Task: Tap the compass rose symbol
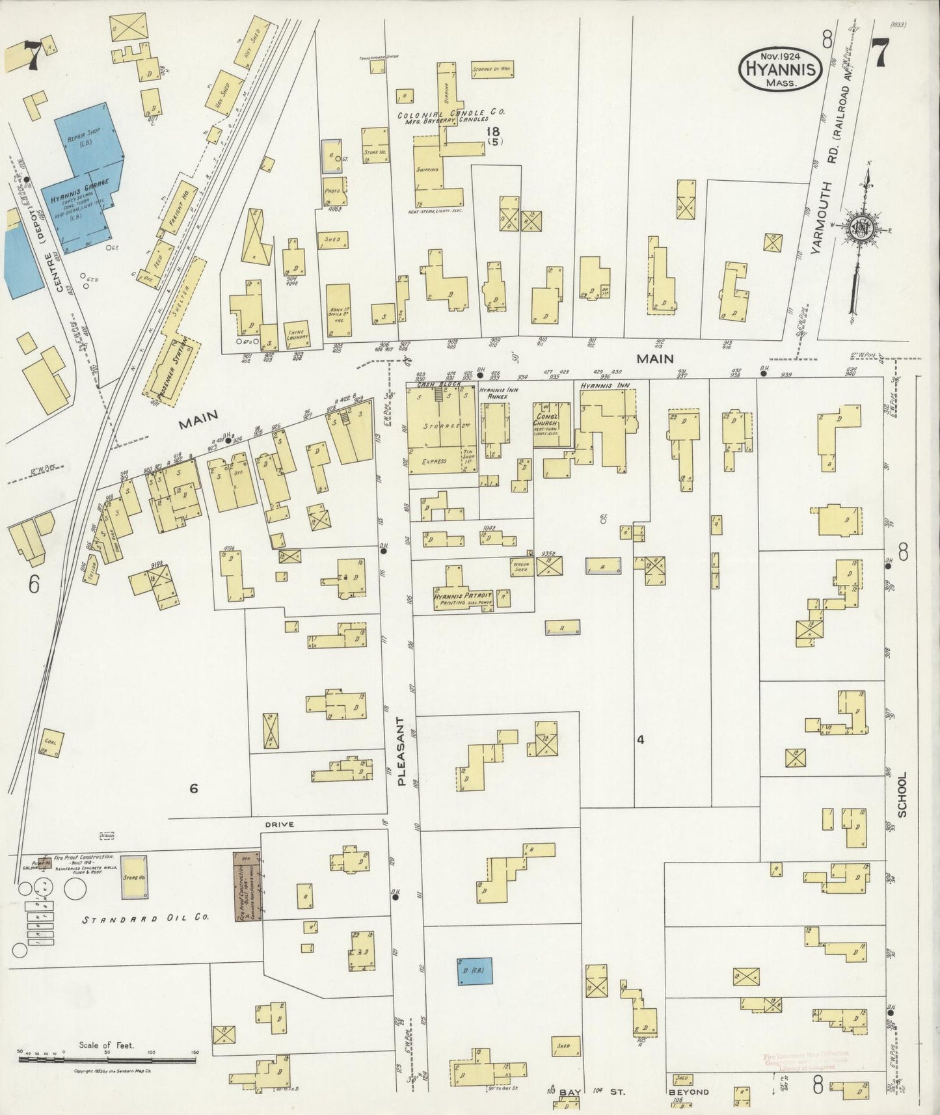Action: coord(858,227)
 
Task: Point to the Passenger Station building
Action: coord(173,371)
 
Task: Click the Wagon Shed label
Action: coord(521,567)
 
